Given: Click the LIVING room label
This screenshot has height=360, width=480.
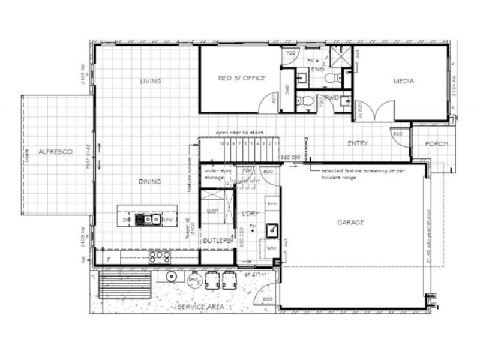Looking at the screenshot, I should pyautogui.click(x=151, y=81).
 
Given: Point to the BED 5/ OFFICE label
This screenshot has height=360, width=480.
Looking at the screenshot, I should pyautogui.click(x=241, y=79).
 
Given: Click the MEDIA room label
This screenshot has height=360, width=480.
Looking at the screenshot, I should pyautogui.click(x=404, y=81).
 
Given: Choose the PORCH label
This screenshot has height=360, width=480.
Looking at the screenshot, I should pyautogui.click(x=437, y=144).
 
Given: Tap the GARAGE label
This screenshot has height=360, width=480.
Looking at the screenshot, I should pyautogui.click(x=351, y=222).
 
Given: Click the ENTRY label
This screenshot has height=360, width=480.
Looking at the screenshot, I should pyautogui.click(x=358, y=143).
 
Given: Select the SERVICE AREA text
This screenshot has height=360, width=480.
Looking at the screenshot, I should pyautogui.click(x=200, y=307).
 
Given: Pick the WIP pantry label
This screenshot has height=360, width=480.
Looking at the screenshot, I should pyautogui.click(x=211, y=211).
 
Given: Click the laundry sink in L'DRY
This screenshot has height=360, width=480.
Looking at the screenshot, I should pyautogui.click(x=271, y=229).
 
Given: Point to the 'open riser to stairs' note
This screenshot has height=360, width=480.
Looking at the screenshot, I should pyautogui.click(x=240, y=132).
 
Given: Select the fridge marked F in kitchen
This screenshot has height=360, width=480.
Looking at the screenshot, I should pyautogui.click(x=109, y=259).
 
